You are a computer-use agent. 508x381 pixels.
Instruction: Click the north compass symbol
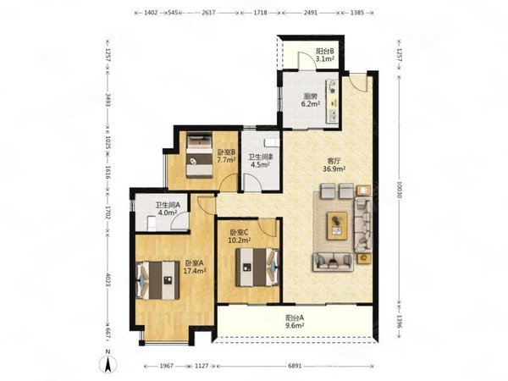(x=108, y=361)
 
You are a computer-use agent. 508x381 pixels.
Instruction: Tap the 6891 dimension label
(x=295, y=366)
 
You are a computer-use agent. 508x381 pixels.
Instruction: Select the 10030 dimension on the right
(x=399, y=189)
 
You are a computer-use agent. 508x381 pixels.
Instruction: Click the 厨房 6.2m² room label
(x=311, y=100)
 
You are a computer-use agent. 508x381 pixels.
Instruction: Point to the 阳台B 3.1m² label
(x=325, y=55)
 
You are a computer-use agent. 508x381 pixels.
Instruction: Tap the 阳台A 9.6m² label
(x=295, y=322)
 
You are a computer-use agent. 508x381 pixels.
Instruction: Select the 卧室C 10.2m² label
(x=240, y=236)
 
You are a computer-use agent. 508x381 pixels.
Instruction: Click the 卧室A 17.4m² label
(x=195, y=267)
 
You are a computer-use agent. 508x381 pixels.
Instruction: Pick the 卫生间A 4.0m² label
(x=167, y=209)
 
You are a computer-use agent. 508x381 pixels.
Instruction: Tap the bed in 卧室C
(x=257, y=267)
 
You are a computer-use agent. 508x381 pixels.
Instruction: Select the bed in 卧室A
(x=157, y=280)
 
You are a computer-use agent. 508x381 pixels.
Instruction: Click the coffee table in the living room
(x=337, y=226)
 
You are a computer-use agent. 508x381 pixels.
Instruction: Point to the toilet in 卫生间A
(x=152, y=224)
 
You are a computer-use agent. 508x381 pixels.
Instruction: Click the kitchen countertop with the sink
(x=332, y=101)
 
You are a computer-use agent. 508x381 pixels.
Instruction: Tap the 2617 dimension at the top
(x=208, y=13)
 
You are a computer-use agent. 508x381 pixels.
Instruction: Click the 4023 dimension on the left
(x=108, y=287)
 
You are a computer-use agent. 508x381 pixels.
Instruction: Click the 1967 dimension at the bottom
(x=166, y=366)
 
